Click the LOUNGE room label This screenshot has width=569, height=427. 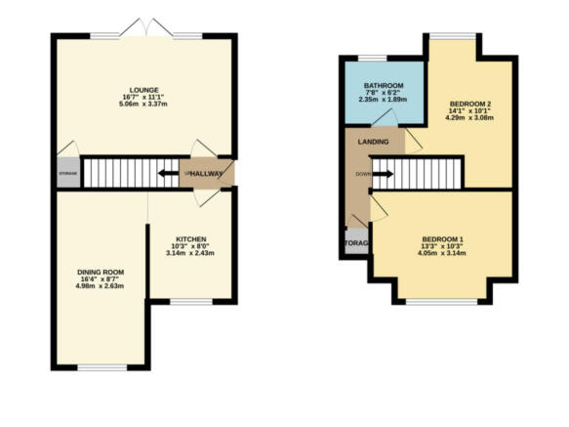tap(142, 90)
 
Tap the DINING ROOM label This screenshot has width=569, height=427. tap(102, 272)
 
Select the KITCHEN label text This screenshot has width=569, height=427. tap(190, 239)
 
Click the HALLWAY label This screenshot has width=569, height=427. tap(209, 174)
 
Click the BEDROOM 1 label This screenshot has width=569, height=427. tap(443, 239)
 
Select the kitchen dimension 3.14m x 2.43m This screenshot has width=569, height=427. tap(190, 254)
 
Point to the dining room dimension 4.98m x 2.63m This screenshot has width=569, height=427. tap(102, 286)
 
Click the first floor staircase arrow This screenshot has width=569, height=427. tap(382, 175)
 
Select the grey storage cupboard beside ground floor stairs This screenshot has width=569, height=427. tap(67, 173)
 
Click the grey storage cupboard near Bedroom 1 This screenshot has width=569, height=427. tap(354, 241)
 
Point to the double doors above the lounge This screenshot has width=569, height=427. tap(146, 29)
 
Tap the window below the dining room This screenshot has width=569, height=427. tap(102, 366)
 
